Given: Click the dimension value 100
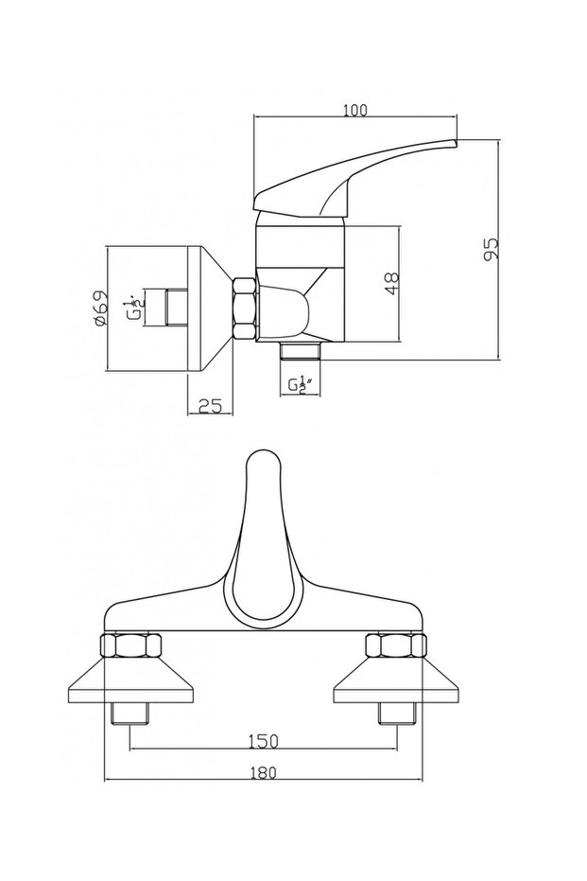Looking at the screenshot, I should coord(354,112).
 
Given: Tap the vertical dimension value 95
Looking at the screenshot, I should coord(491,249).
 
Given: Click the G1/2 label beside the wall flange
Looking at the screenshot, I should coord(138,307).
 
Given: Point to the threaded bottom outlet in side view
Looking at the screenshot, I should coord(302,353).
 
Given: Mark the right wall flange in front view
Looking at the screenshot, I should coord(393,684).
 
